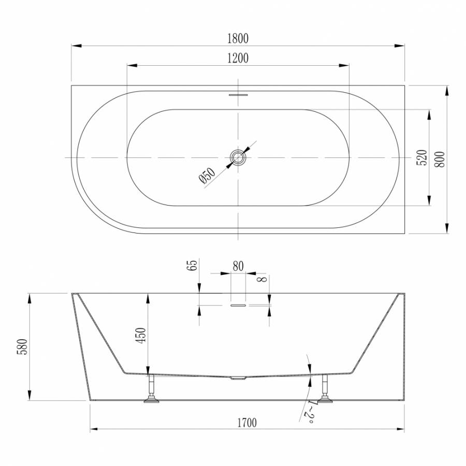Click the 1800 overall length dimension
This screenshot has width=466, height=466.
click(x=238, y=39)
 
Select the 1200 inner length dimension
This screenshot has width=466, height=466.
click(x=238, y=58)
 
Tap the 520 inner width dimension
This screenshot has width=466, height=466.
click(x=423, y=157)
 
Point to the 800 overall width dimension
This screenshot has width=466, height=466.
click(x=440, y=159)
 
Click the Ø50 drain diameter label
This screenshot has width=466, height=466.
click(x=207, y=176)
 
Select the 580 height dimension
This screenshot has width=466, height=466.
click(x=23, y=346)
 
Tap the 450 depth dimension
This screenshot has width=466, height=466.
click(x=141, y=335)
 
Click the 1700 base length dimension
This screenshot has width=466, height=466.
click(x=247, y=423)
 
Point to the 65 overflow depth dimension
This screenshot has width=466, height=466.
click(x=192, y=265)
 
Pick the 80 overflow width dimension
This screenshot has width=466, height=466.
click(x=238, y=266)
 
